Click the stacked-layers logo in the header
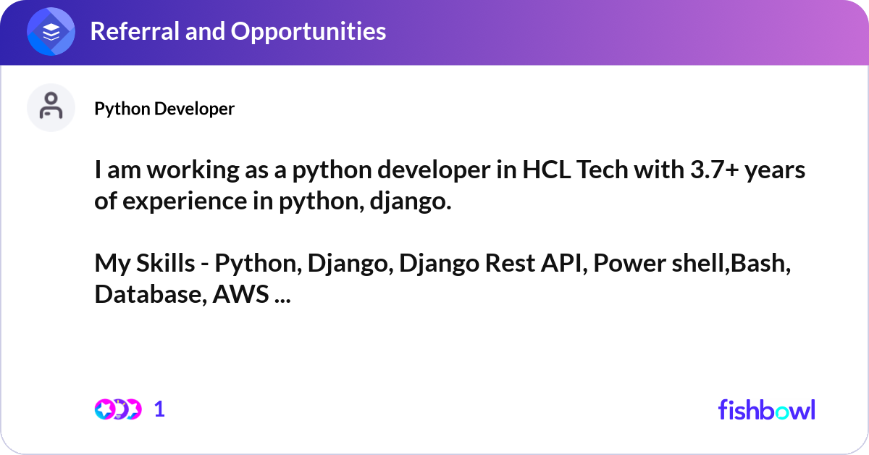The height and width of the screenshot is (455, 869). point(51,32)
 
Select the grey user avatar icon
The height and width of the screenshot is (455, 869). point(51,107)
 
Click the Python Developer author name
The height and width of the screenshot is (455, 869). point(164,109)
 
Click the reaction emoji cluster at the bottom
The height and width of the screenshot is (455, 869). point(117,409)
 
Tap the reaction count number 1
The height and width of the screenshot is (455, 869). point(159,409)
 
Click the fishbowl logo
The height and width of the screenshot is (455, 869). point(766,409)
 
